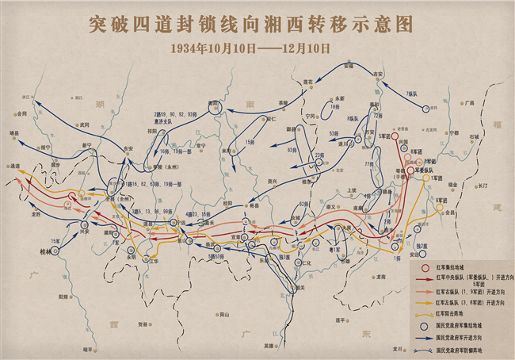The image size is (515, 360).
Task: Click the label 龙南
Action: pos(382,277)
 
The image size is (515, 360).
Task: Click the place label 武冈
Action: pos(84,124)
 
